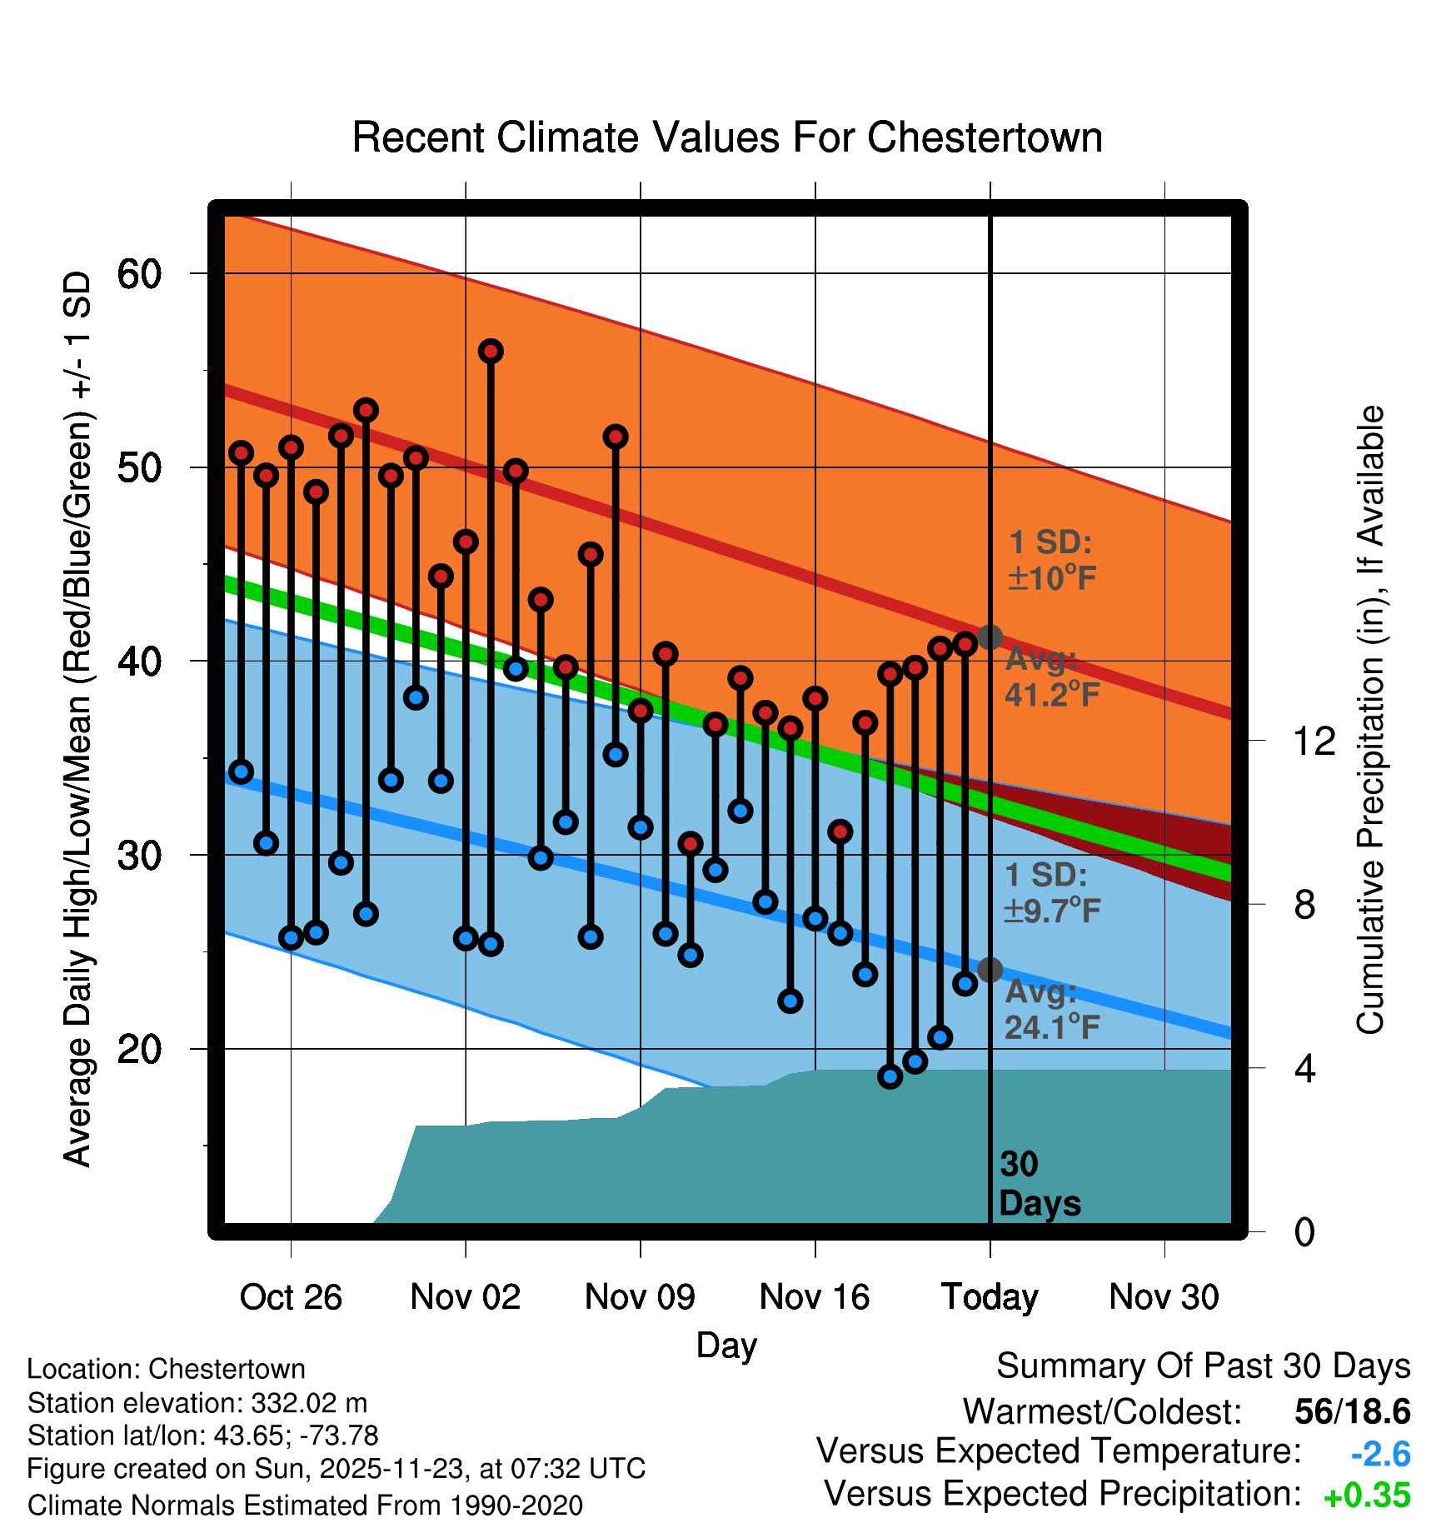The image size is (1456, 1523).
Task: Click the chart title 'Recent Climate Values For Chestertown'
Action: tap(727, 137)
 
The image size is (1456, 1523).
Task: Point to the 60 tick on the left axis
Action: tap(139, 274)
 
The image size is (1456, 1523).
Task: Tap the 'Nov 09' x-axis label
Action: tap(640, 1297)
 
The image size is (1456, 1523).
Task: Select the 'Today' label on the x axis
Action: tap(990, 1297)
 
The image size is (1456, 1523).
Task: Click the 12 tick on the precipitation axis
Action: tap(1314, 741)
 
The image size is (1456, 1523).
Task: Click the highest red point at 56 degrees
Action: tap(491, 352)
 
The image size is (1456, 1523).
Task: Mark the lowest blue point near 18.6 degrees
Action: tap(890, 1076)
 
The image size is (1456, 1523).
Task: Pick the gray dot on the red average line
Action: tap(990, 637)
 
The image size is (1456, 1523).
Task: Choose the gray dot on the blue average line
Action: tap(990, 970)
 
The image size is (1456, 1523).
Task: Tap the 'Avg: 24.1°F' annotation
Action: tap(1051, 1009)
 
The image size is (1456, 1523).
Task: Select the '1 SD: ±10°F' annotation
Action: tap(1051, 560)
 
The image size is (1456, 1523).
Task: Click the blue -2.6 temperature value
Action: tap(1380, 1454)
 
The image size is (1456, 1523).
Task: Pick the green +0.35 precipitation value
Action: tap(1366, 1496)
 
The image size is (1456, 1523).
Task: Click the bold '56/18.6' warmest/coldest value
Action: tap(1352, 1411)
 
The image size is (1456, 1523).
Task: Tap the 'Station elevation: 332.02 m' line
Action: tap(197, 1403)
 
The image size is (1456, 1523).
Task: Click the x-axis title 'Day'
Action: tap(726, 1345)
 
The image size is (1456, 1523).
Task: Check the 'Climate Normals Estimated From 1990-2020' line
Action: tap(305, 1506)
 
